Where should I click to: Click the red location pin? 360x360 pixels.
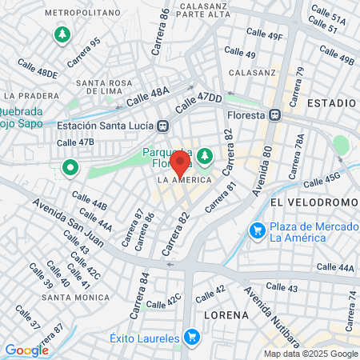pyautogui.click(x=180, y=164)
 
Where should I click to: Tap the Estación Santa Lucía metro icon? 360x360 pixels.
pyautogui.click(x=163, y=125)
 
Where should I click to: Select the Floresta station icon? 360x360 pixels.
pyautogui.click(x=274, y=114)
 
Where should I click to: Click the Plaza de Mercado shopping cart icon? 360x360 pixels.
pyautogui.click(x=257, y=231)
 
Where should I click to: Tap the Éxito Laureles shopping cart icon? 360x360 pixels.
pyautogui.click(x=190, y=338)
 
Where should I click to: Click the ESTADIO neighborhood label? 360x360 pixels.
pyautogui.click(x=330, y=104)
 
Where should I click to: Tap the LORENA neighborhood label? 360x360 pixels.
pyautogui.click(x=227, y=314)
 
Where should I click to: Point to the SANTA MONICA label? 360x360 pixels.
pyautogui.click(x=76, y=298)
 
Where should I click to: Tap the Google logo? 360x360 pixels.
pyautogui.click(x=26, y=350)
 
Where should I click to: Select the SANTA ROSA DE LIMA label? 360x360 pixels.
pyautogui.click(x=110, y=88)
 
